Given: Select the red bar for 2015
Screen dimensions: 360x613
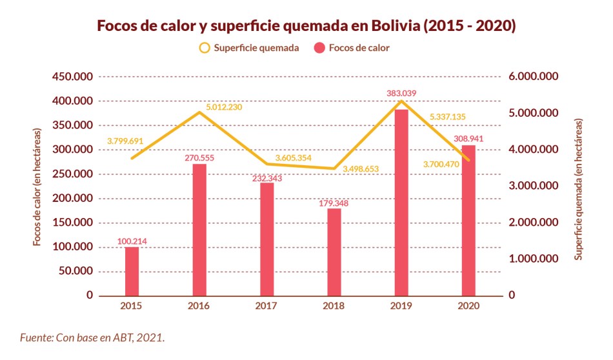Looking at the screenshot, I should pyautogui.click(x=132, y=271).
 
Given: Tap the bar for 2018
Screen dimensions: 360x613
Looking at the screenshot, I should pyautogui.click(x=334, y=252).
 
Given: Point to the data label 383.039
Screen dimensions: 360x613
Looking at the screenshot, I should pyautogui.click(x=401, y=94).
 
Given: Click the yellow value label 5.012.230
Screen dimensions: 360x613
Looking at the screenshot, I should pyautogui.click(x=224, y=107).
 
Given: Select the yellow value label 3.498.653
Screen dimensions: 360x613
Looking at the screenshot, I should pyautogui.click(x=361, y=169).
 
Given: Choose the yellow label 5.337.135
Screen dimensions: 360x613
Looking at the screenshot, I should pyautogui.click(x=447, y=117).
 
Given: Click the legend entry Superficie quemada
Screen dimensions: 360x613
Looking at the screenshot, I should pyautogui.click(x=248, y=48).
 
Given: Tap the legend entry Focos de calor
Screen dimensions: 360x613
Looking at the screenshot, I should pyautogui.click(x=351, y=48).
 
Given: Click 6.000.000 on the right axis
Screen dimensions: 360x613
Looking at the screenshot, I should pyautogui.click(x=532, y=77).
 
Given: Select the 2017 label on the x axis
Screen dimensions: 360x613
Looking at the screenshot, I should pyautogui.click(x=266, y=306).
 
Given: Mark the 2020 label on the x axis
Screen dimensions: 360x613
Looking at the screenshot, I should pyautogui.click(x=469, y=306).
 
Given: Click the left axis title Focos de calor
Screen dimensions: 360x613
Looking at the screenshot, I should pyautogui.click(x=38, y=187).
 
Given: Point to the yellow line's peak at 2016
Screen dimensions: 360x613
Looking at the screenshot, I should pyautogui.click(x=199, y=112).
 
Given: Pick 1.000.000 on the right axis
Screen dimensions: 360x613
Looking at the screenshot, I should pyautogui.click(x=532, y=259).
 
